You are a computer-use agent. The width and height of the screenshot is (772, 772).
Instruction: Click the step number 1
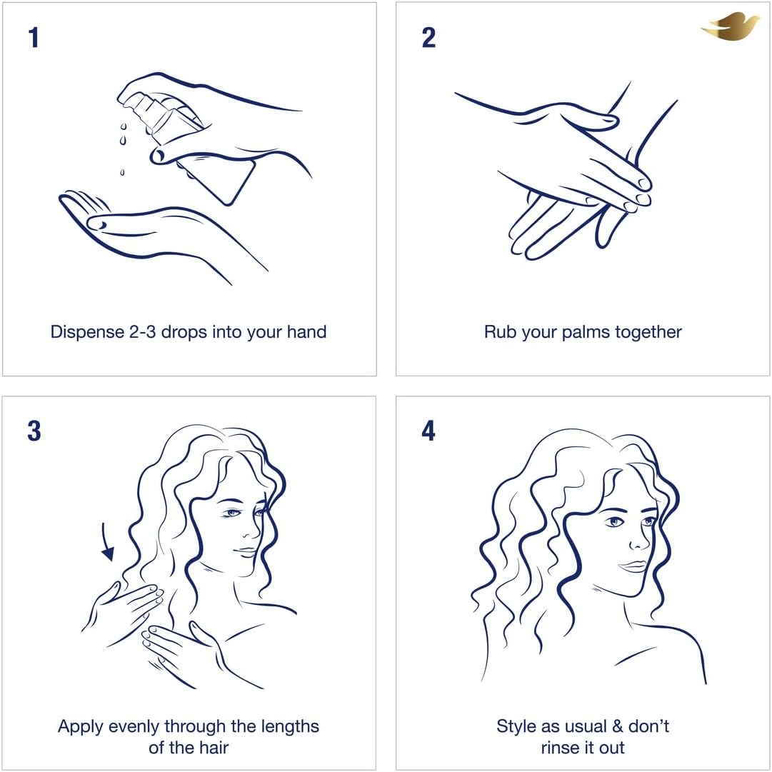click(34, 38)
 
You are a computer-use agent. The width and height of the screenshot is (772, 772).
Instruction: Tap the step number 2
click(428, 38)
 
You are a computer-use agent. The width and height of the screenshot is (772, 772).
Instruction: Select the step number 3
click(34, 431)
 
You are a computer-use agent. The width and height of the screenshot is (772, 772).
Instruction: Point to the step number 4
click(428, 431)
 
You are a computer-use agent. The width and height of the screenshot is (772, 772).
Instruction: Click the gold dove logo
click(731, 27)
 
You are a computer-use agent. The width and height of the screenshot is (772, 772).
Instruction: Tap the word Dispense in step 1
click(87, 332)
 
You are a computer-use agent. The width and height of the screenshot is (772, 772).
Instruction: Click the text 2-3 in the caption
click(143, 332)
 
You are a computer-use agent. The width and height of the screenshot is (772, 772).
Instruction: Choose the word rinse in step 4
click(561, 748)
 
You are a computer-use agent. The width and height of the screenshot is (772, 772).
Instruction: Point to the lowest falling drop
click(122, 172)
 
